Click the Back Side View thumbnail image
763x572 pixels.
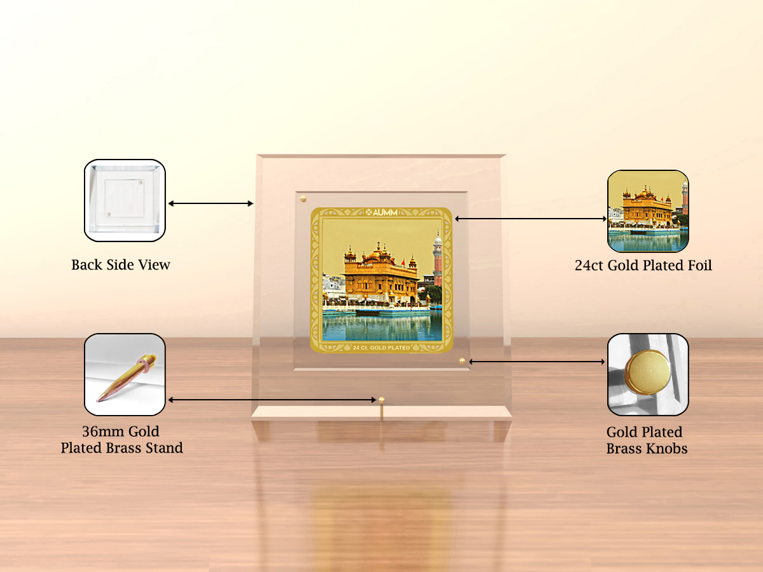click(x=125, y=200)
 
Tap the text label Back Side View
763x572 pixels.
click(x=121, y=264)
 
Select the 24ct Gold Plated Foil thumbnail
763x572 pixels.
click(x=648, y=211)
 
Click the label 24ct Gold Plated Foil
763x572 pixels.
click(x=643, y=265)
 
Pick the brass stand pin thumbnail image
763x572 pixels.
click(x=125, y=374)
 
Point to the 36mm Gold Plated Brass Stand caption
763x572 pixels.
click(x=121, y=439)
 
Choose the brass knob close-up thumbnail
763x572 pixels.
click(x=648, y=374)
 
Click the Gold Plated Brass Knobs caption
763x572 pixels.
click(x=647, y=440)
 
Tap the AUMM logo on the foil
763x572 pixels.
click(x=381, y=212)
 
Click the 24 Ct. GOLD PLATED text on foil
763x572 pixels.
click(x=381, y=347)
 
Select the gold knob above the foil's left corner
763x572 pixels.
click(x=303, y=199)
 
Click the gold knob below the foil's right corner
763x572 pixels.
click(x=462, y=361)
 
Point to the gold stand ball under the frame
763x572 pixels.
click(x=381, y=400)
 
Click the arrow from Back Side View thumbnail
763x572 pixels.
click(x=210, y=203)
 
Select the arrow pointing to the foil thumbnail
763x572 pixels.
click(x=531, y=219)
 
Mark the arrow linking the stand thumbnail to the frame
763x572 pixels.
click(x=272, y=400)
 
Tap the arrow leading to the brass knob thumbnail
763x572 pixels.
click(x=537, y=362)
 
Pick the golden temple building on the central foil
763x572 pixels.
click(x=381, y=275)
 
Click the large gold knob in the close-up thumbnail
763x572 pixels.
click(x=647, y=372)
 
